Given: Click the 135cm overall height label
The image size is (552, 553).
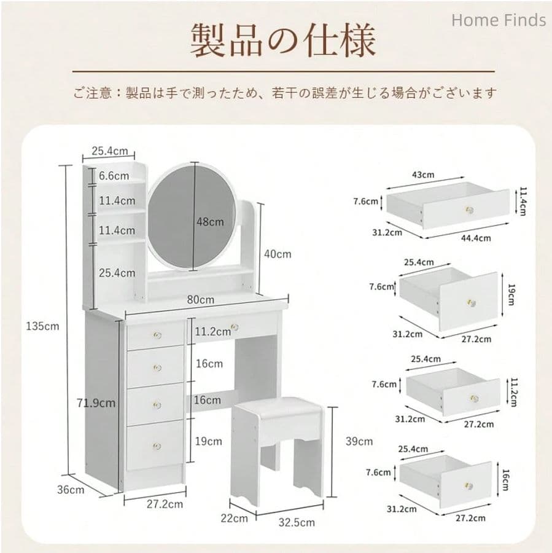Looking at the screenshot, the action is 42,326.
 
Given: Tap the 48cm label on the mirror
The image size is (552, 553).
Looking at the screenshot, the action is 211,222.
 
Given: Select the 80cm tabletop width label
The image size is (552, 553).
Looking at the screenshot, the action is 200,300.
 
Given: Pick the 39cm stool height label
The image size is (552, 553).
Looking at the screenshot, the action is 359,441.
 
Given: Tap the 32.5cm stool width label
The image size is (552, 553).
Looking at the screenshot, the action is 295,522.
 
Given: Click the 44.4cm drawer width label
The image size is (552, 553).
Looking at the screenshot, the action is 476,238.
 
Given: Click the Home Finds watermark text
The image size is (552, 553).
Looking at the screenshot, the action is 498,20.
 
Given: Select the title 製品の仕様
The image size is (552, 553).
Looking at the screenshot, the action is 282,41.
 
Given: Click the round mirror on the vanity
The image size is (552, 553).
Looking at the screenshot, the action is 191,215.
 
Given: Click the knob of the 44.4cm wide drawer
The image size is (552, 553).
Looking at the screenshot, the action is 470,210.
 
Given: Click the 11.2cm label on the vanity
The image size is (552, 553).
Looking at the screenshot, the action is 212,332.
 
